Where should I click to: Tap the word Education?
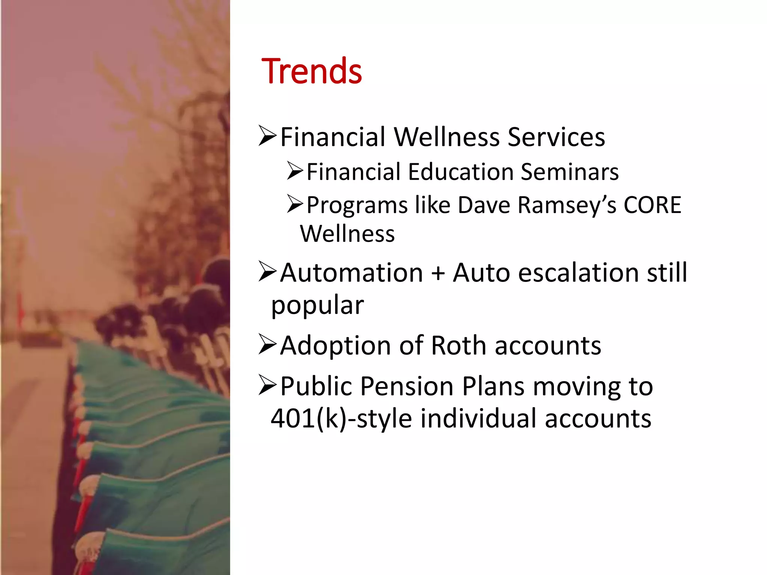461,172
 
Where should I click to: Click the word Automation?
351,273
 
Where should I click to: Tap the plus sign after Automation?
438,273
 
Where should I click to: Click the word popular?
317,305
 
